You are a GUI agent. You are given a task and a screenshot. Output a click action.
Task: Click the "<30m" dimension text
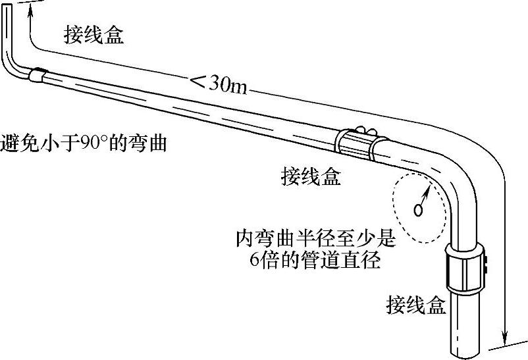tap(218, 83)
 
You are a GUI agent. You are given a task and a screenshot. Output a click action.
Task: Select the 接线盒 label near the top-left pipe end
tap(93, 35)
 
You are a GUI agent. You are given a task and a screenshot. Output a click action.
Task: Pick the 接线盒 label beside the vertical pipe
tap(416, 305)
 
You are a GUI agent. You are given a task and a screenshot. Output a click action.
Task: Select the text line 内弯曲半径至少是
tap(316, 239)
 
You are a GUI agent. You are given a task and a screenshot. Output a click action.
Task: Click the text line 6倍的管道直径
tap(316, 259)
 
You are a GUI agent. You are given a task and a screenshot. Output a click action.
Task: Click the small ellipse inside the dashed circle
tap(417, 211)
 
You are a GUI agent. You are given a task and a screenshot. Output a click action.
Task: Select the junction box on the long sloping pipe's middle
tap(358, 141)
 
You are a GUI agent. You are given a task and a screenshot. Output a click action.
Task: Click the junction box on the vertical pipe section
tap(466, 269)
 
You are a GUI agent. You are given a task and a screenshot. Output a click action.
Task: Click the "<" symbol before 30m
tap(197, 82)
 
